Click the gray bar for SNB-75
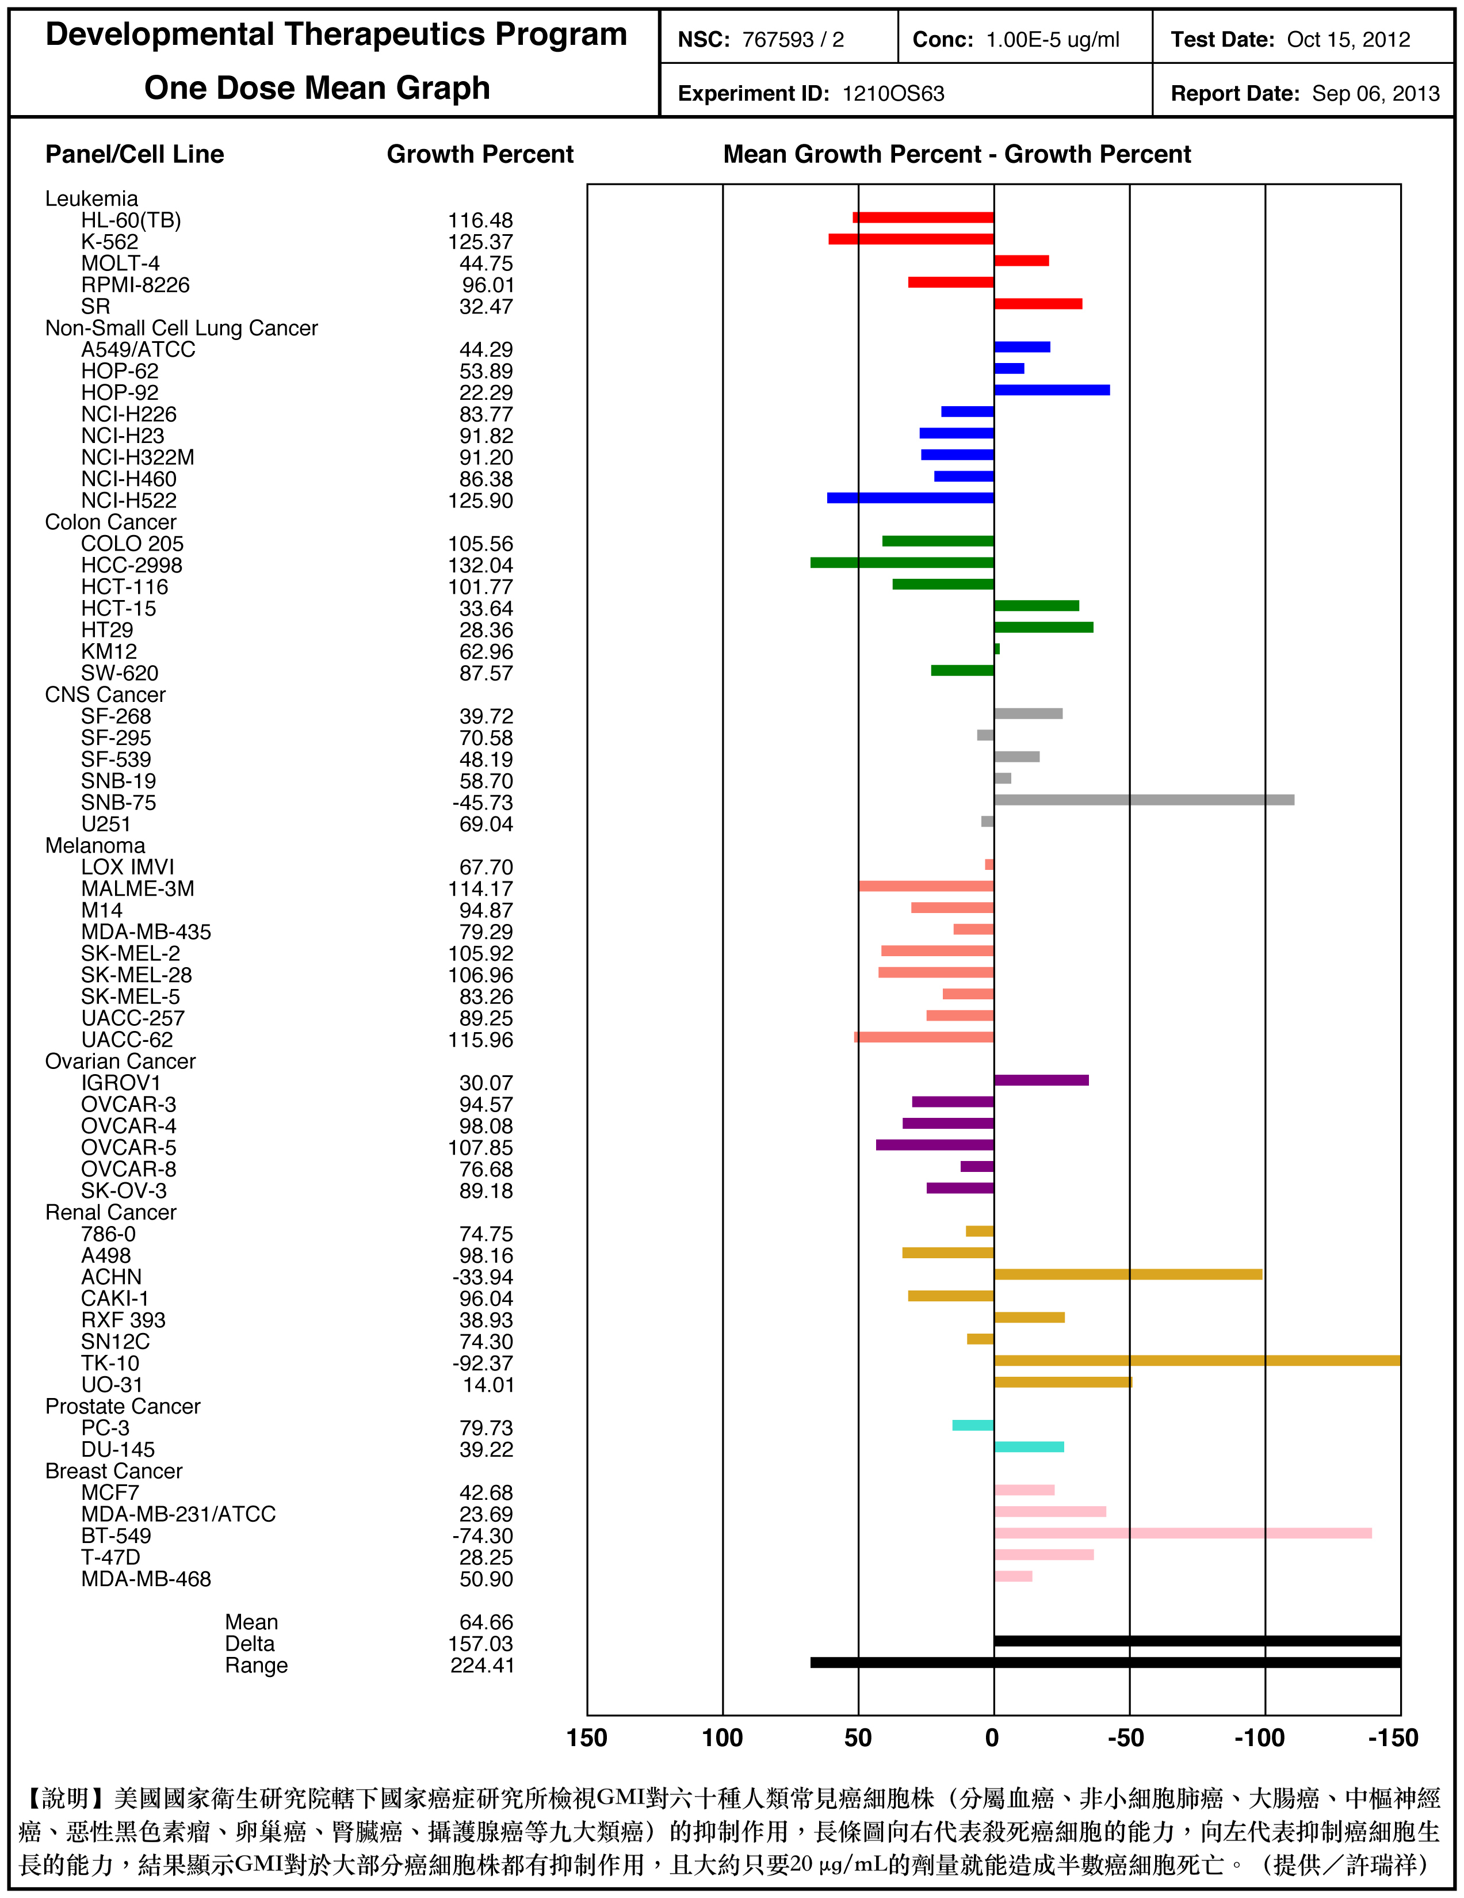tap(1144, 800)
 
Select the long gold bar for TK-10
tap(1197, 1360)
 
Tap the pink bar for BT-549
tap(1183, 1533)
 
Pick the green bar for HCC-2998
tap(902, 562)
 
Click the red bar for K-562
tap(911, 239)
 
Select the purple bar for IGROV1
tap(1041, 1080)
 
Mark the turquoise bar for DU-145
tap(1029, 1447)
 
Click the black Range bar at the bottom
tap(1105, 1663)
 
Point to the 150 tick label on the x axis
tap(587, 1738)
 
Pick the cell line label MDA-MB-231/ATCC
tap(178, 1514)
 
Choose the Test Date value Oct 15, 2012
tap(1348, 40)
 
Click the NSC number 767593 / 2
tap(792, 40)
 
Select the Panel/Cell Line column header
tap(135, 155)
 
